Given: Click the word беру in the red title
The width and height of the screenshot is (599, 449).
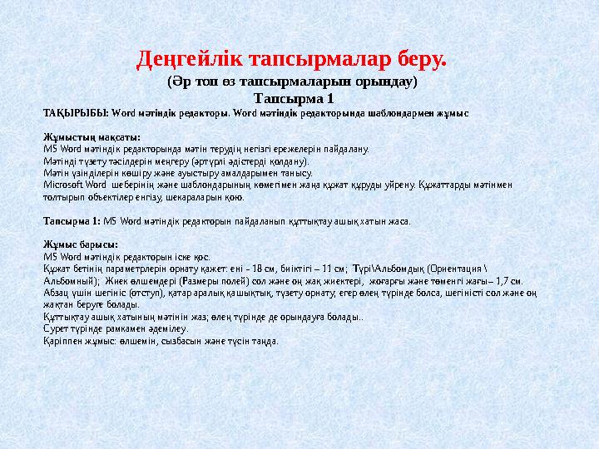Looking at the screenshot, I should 419,60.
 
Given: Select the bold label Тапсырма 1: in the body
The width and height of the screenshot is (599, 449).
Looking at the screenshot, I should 72,222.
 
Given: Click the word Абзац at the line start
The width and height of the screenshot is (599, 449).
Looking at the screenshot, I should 54,293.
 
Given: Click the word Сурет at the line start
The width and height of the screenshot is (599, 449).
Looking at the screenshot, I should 54,328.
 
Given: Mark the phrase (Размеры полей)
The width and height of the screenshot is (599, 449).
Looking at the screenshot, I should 205,281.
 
